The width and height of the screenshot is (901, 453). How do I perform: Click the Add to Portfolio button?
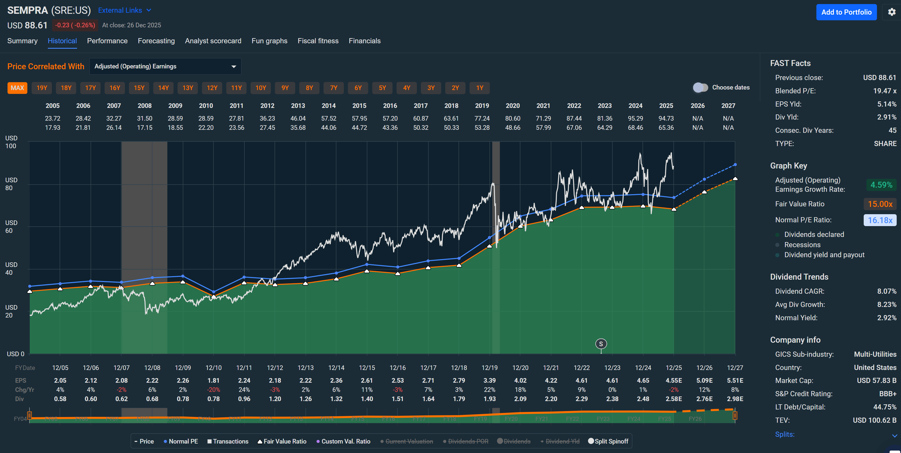846,12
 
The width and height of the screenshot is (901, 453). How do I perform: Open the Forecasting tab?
156,41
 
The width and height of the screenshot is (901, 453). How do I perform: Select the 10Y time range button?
261,88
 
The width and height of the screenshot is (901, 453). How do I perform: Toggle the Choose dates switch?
700,87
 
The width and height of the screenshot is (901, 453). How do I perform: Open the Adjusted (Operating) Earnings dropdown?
165,67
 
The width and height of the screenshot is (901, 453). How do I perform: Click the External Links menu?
124,11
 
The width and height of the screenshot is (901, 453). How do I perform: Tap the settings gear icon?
892,12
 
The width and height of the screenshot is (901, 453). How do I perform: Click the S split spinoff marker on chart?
601,344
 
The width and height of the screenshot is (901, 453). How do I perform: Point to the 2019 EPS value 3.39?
489,380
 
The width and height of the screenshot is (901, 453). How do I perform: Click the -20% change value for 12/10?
213,390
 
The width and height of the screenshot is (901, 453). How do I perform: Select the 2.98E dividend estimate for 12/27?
735,399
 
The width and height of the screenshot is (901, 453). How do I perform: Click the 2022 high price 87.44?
574,118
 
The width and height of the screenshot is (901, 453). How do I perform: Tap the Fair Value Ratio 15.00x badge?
880,204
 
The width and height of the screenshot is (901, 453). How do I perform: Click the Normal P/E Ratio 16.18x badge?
880,220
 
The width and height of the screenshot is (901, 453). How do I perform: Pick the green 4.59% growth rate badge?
881,185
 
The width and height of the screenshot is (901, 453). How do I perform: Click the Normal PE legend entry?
181,441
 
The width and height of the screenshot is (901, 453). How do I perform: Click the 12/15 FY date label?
367,368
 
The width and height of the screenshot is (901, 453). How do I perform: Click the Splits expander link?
785,434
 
